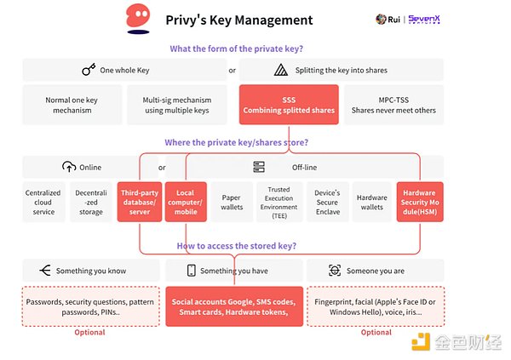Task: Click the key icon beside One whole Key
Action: (x=88, y=71)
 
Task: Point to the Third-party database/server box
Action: (x=138, y=202)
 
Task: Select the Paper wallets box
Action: (x=232, y=202)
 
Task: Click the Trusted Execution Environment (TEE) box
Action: (x=278, y=202)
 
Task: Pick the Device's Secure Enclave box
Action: (x=326, y=202)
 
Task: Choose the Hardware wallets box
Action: (x=372, y=202)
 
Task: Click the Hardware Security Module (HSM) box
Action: (x=419, y=202)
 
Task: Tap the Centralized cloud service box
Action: (x=43, y=202)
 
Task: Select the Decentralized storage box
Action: (x=90, y=202)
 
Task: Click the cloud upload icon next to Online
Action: (x=70, y=168)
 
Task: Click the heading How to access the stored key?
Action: (x=236, y=246)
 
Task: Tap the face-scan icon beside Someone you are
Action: (x=335, y=271)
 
